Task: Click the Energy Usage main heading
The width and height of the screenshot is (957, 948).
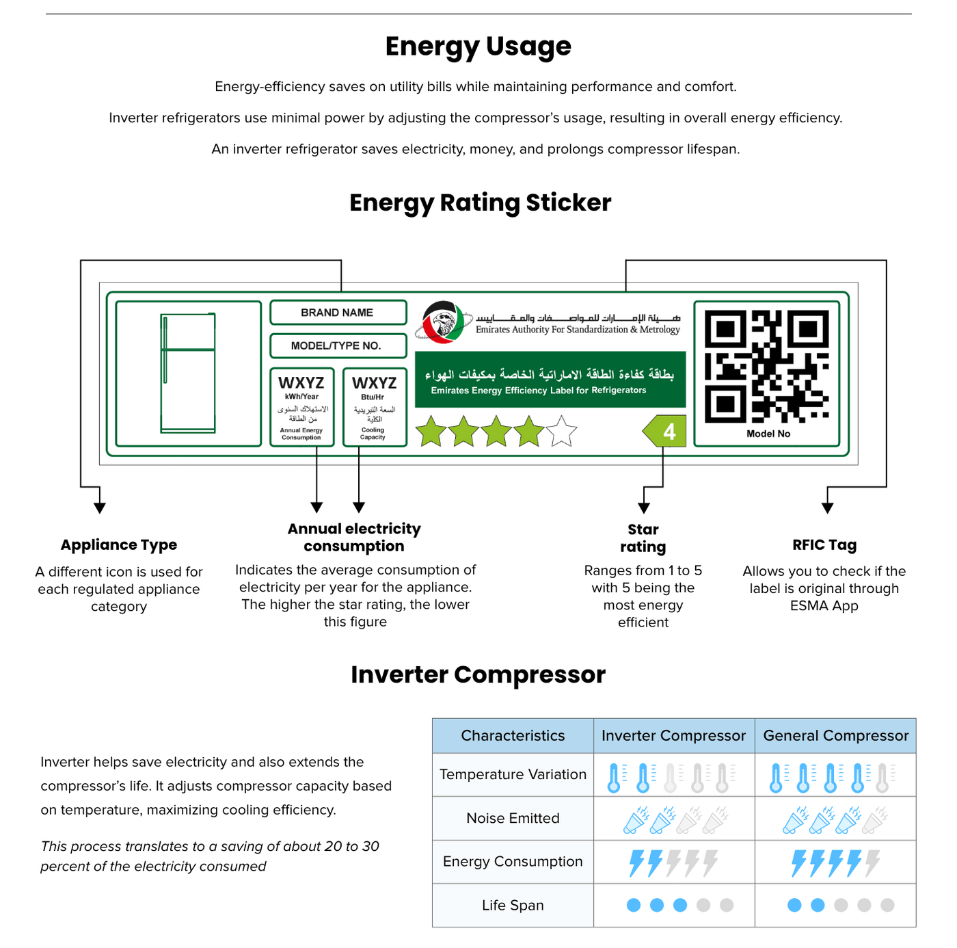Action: click(478, 47)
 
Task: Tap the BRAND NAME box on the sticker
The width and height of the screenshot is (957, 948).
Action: click(338, 313)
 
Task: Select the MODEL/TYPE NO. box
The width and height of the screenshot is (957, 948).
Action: click(338, 345)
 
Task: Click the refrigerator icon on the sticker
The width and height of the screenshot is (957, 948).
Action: click(188, 373)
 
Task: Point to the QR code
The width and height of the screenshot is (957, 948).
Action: click(766, 366)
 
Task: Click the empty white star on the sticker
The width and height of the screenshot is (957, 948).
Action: click(561, 432)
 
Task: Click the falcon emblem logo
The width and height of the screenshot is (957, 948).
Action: click(444, 321)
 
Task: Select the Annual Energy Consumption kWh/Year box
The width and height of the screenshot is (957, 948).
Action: click(301, 407)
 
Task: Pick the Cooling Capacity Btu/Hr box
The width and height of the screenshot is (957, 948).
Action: click(374, 407)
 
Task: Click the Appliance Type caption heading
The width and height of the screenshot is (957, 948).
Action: click(119, 545)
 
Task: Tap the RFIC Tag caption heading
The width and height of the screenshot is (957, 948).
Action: click(824, 545)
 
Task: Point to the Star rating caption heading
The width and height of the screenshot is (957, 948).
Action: click(643, 538)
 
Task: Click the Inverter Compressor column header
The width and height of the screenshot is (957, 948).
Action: click(673, 736)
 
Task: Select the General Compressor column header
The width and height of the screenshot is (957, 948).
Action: click(835, 736)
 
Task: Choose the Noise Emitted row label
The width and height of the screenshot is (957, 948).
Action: click(513, 818)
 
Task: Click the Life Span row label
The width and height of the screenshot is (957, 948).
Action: click(513, 906)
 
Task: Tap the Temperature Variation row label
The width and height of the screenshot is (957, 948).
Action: click(513, 774)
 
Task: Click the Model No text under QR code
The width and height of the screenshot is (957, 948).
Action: click(768, 434)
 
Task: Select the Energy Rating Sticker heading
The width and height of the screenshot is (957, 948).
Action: click(480, 203)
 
